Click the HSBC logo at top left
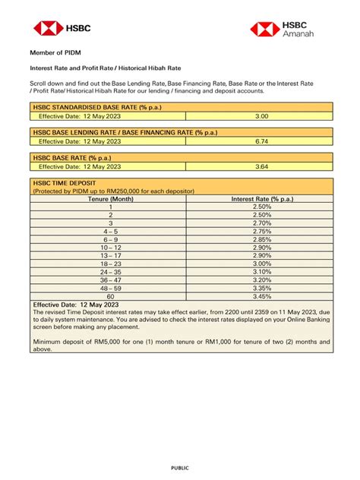[62, 29]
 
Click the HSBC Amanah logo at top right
[292, 29]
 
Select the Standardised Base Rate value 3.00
[261, 116]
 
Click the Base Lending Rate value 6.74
[261, 141]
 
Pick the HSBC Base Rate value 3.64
[261, 166]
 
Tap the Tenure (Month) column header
[110, 199]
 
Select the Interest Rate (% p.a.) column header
[261, 199]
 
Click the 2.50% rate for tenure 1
[261, 207]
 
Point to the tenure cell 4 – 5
[110, 232]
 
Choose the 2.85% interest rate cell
[261, 240]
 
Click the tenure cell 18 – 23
[110, 264]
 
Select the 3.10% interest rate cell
[261, 272]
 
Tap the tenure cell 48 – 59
[110, 289]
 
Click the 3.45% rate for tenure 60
[261, 297]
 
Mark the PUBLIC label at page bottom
[180, 468]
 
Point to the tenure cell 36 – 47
[110, 280]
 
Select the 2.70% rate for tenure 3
[261, 223]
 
